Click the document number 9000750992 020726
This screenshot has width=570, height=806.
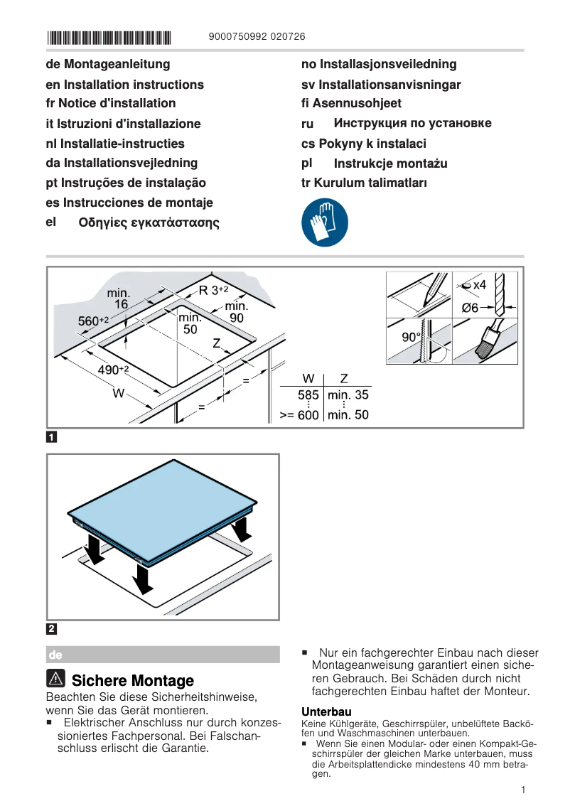coord(258,37)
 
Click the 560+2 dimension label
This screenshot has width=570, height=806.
coord(93,321)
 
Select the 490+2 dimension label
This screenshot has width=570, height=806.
coord(113,370)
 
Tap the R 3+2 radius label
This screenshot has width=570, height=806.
coord(213,290)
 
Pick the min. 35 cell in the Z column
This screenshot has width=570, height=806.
coord(348,395)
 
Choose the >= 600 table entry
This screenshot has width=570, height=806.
coord(299,415)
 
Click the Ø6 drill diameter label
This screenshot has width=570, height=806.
coord(470,308)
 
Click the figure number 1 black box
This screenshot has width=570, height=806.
coord(52,436)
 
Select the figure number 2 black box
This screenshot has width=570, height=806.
coord(52,628)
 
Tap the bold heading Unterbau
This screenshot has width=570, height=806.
coord(326,711)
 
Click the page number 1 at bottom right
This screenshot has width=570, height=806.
coord(522,790)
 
